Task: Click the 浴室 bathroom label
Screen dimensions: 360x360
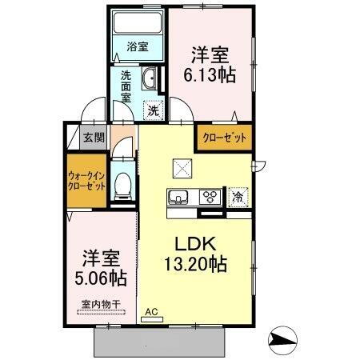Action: pos(137,47)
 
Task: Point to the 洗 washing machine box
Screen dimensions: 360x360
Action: pos(153,110)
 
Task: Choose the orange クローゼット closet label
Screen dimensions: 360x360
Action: pos(223,137)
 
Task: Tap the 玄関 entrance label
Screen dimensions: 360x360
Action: pos(94,138)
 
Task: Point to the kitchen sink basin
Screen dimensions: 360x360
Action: pos(178,197)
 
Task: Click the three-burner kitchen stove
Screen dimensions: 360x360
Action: pos(211,197)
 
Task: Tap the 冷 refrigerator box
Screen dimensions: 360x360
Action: pos(238,197)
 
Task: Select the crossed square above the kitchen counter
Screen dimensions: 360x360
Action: pos(181,168)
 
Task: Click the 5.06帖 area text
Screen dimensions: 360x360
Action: pos(100,278)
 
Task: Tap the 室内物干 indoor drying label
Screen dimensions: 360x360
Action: pos(99,306)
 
